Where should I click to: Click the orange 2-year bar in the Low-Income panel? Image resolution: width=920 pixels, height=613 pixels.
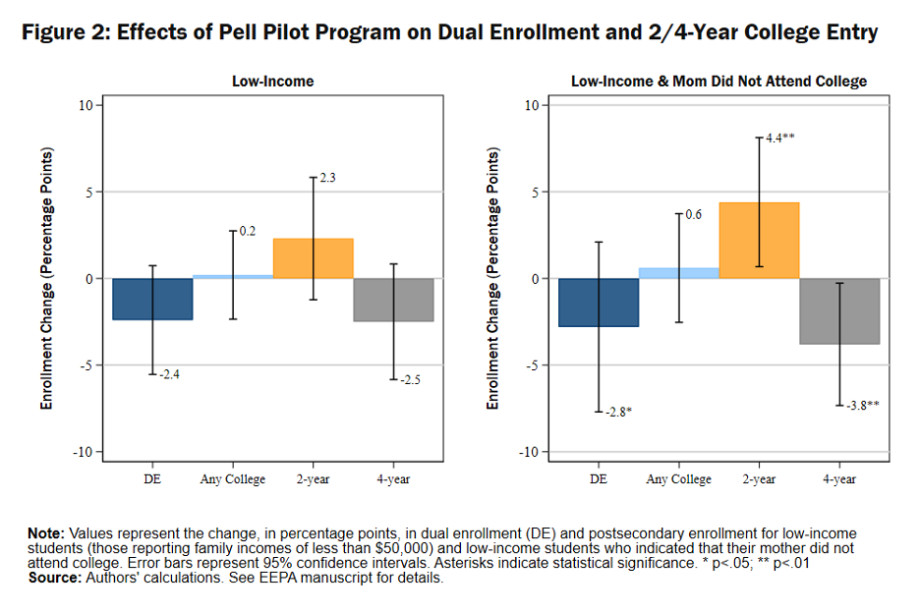pyautogui.click(x=313, y=258)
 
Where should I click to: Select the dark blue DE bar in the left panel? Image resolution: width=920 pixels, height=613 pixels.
pyautogui.click(x=152, y=299)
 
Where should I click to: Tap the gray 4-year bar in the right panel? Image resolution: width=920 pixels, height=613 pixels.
pyautogui.click(x=839, y=310)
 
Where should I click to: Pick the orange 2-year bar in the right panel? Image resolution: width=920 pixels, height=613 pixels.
pyautogui.click(x=759, y=241)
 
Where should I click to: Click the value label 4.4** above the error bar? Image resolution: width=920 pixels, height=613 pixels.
pyautogui.click(x=779, y=139)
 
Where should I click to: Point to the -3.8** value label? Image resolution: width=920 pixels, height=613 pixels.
pyautogui.click(x=862, y=404)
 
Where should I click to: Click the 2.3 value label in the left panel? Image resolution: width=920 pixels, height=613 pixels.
pyautogui.click(x=328, y=178)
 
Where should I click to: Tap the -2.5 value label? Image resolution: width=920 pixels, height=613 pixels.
pyautogui.click(x=409, y=379)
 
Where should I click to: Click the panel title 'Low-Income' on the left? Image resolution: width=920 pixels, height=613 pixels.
pyautogui.click(x=272, y=82)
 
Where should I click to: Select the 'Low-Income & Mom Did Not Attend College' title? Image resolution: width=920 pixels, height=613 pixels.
pyautogui.click(x=719, y=82)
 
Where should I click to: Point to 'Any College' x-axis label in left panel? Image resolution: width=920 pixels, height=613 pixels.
pyautogui.click(x=232, y=479)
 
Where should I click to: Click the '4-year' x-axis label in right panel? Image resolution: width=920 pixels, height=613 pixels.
pyautogui.click(x=839, y=479)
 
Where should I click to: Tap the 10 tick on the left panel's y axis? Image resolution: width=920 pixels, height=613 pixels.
pyautogui.click(x=86, y=106)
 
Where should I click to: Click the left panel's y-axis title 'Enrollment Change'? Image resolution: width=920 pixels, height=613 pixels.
pyautogui.click(x=47, y=278)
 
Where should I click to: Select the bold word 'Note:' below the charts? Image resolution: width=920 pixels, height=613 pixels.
pyautogui.click(x=45, y=532)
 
